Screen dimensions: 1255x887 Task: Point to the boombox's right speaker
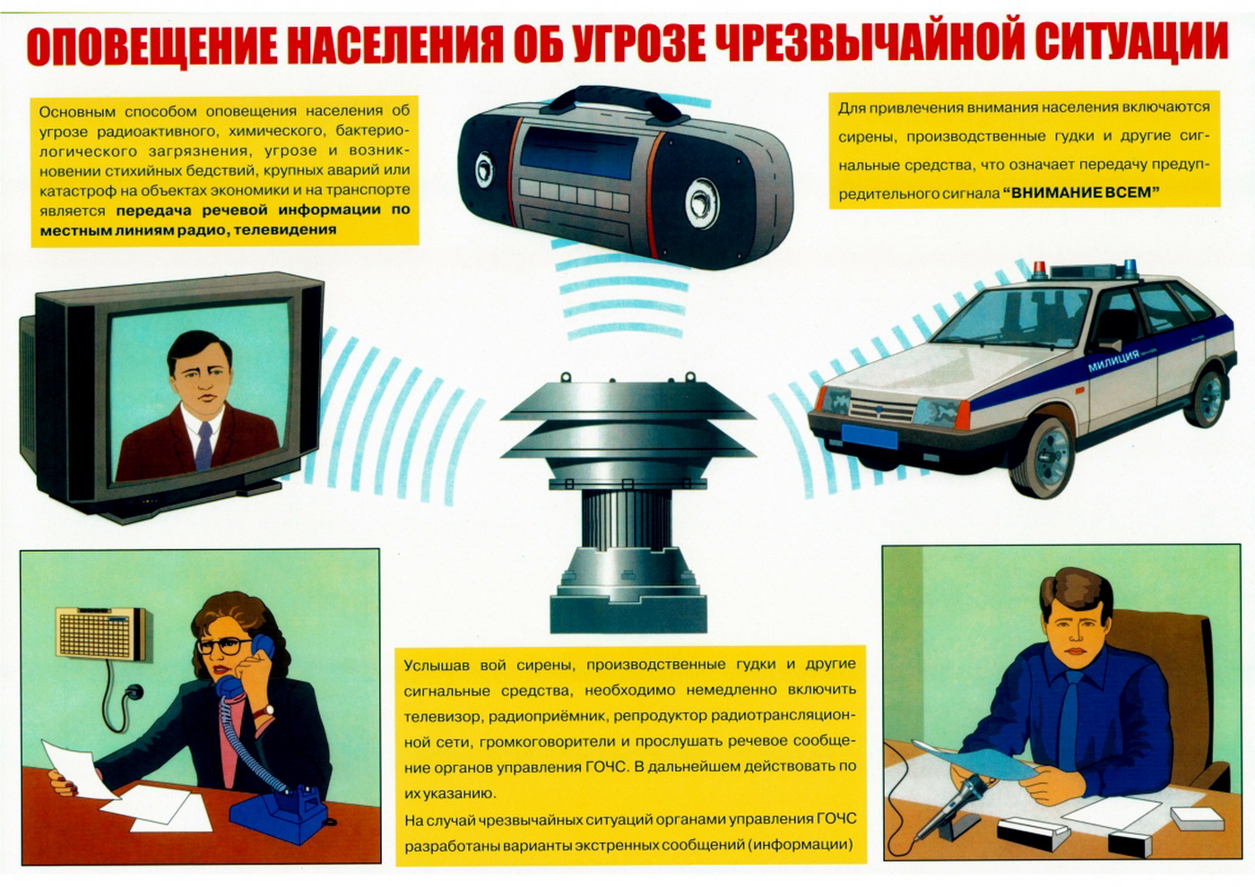701,202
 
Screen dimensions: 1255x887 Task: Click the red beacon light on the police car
1039,270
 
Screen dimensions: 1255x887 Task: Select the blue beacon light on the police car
1129,268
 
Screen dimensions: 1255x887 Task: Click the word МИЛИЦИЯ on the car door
1113,360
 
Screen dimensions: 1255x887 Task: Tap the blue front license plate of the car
869,436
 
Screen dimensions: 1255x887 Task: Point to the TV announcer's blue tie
204,445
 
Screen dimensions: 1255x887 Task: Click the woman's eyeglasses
223,647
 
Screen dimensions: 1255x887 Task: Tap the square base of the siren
628,613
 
